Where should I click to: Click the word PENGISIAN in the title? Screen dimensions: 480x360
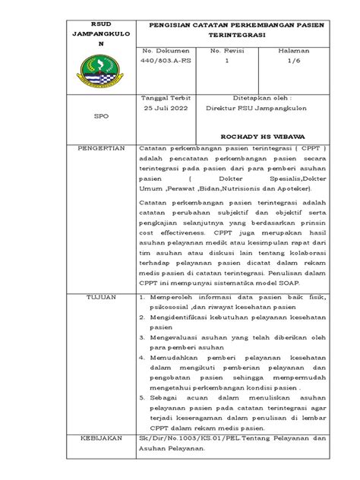(174, 24)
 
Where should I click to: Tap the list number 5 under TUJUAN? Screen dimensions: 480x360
(142, 397)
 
